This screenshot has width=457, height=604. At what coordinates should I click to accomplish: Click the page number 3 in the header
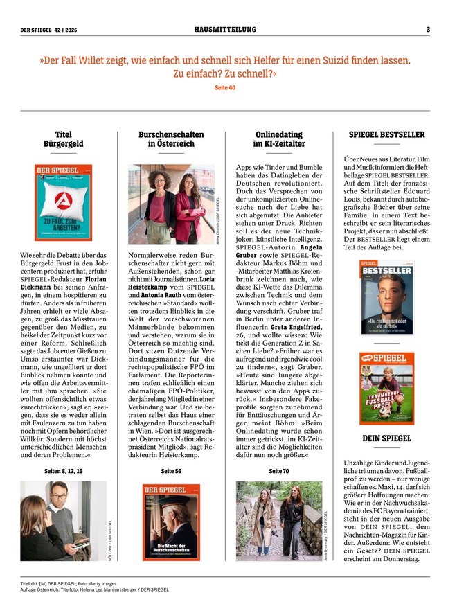tap(428, 29)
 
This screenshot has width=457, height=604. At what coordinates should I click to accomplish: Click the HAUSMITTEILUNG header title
tap(225, 29)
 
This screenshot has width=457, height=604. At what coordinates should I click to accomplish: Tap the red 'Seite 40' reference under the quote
tap(225, 87)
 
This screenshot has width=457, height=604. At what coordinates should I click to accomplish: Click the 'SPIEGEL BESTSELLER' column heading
tap(386, 134)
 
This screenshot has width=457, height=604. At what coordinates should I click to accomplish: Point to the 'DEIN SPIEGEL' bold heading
tap(386, 438)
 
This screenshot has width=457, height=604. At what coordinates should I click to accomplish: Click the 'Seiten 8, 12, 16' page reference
tap(63, 470)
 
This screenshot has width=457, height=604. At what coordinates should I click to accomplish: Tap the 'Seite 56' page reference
tap(171, 470)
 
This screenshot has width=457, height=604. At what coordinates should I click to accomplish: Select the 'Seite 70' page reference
tap(278, 470)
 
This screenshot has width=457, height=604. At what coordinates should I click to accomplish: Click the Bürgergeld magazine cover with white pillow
tap(63, 193)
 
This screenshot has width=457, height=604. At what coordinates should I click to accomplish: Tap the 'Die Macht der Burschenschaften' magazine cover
tap(171, 521)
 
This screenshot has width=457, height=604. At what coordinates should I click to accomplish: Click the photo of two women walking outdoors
tap(279, 520)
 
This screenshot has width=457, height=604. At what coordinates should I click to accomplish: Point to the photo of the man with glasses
tap(63, 520)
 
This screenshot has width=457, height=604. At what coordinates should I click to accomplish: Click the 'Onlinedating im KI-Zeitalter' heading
tap(279, 139)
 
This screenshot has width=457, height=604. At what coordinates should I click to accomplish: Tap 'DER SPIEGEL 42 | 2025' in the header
tap(49, 29)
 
